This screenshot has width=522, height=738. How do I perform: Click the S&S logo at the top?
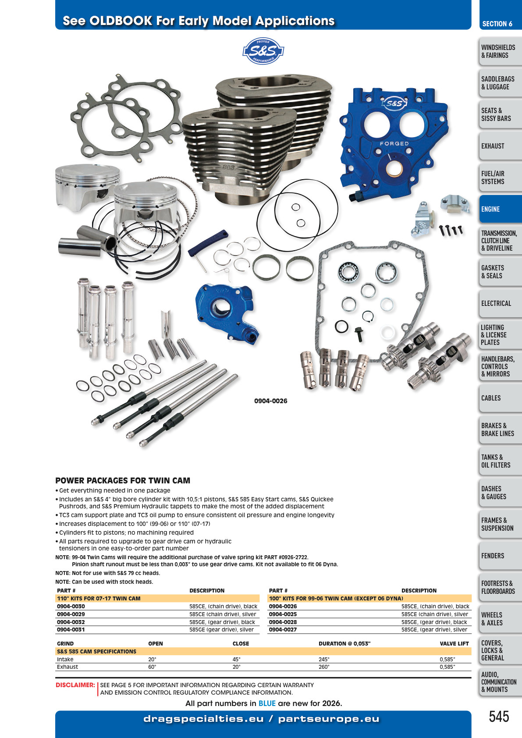coord(263,51)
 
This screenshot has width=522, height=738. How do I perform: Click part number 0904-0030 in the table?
coord(71,606)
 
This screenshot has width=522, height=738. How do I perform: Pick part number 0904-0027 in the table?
coord(283,630)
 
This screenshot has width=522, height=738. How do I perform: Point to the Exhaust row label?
coord(67,667)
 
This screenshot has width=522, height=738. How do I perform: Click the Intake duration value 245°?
coord(324,659)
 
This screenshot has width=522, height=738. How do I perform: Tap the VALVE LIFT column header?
coord(454,643)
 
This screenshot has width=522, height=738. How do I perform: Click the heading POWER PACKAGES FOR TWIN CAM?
coord(123,480)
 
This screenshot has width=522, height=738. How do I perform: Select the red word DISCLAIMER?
coord(75,685)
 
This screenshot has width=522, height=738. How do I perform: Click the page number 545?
coord(499,717)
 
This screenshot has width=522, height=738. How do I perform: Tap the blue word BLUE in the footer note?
coord(267,703)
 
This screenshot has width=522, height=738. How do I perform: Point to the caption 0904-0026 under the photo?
coord(270,401)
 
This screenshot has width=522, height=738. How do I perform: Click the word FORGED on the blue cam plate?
coord(394,144)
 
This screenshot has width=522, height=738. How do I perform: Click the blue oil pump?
coord(227,311)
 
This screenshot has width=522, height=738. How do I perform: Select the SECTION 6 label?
coord(497,24)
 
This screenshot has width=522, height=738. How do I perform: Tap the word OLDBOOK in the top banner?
coord(121,21)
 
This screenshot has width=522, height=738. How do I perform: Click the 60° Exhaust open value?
coord(152,667)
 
